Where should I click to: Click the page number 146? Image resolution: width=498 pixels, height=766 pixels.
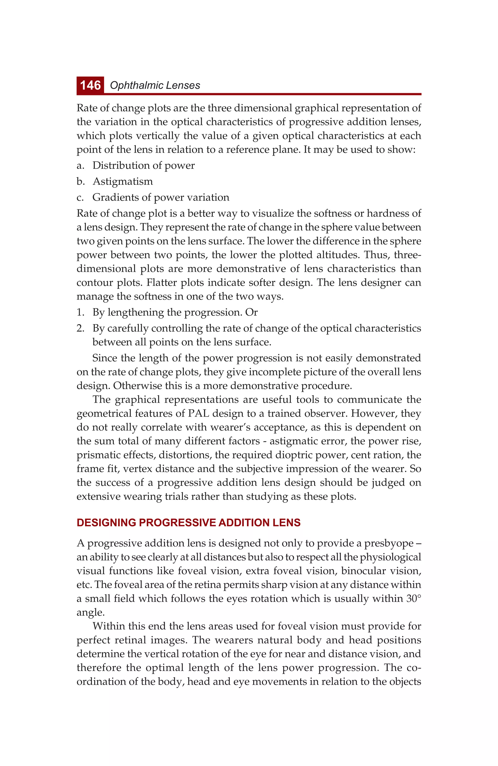(90, 85)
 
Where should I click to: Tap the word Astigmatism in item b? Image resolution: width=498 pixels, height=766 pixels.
(123, 181)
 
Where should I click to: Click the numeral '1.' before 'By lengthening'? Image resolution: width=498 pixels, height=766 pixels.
(80, 312)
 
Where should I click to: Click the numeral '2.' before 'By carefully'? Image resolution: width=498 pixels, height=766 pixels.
(80, 328)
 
